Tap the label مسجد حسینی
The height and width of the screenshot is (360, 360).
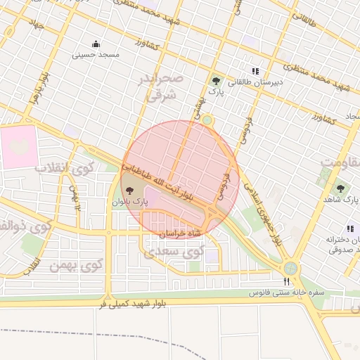[99, 54]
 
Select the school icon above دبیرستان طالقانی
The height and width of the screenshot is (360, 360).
[255, 71]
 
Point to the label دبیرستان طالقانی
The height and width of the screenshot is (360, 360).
[258, 82]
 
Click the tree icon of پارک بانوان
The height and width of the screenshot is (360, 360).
[129, 191]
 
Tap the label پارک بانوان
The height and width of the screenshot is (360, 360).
[130, 202]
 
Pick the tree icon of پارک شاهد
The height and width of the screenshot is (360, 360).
[341, 188]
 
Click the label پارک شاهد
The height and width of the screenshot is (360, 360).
[342, 200]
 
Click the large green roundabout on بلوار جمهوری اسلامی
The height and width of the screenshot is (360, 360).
[290, 268]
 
